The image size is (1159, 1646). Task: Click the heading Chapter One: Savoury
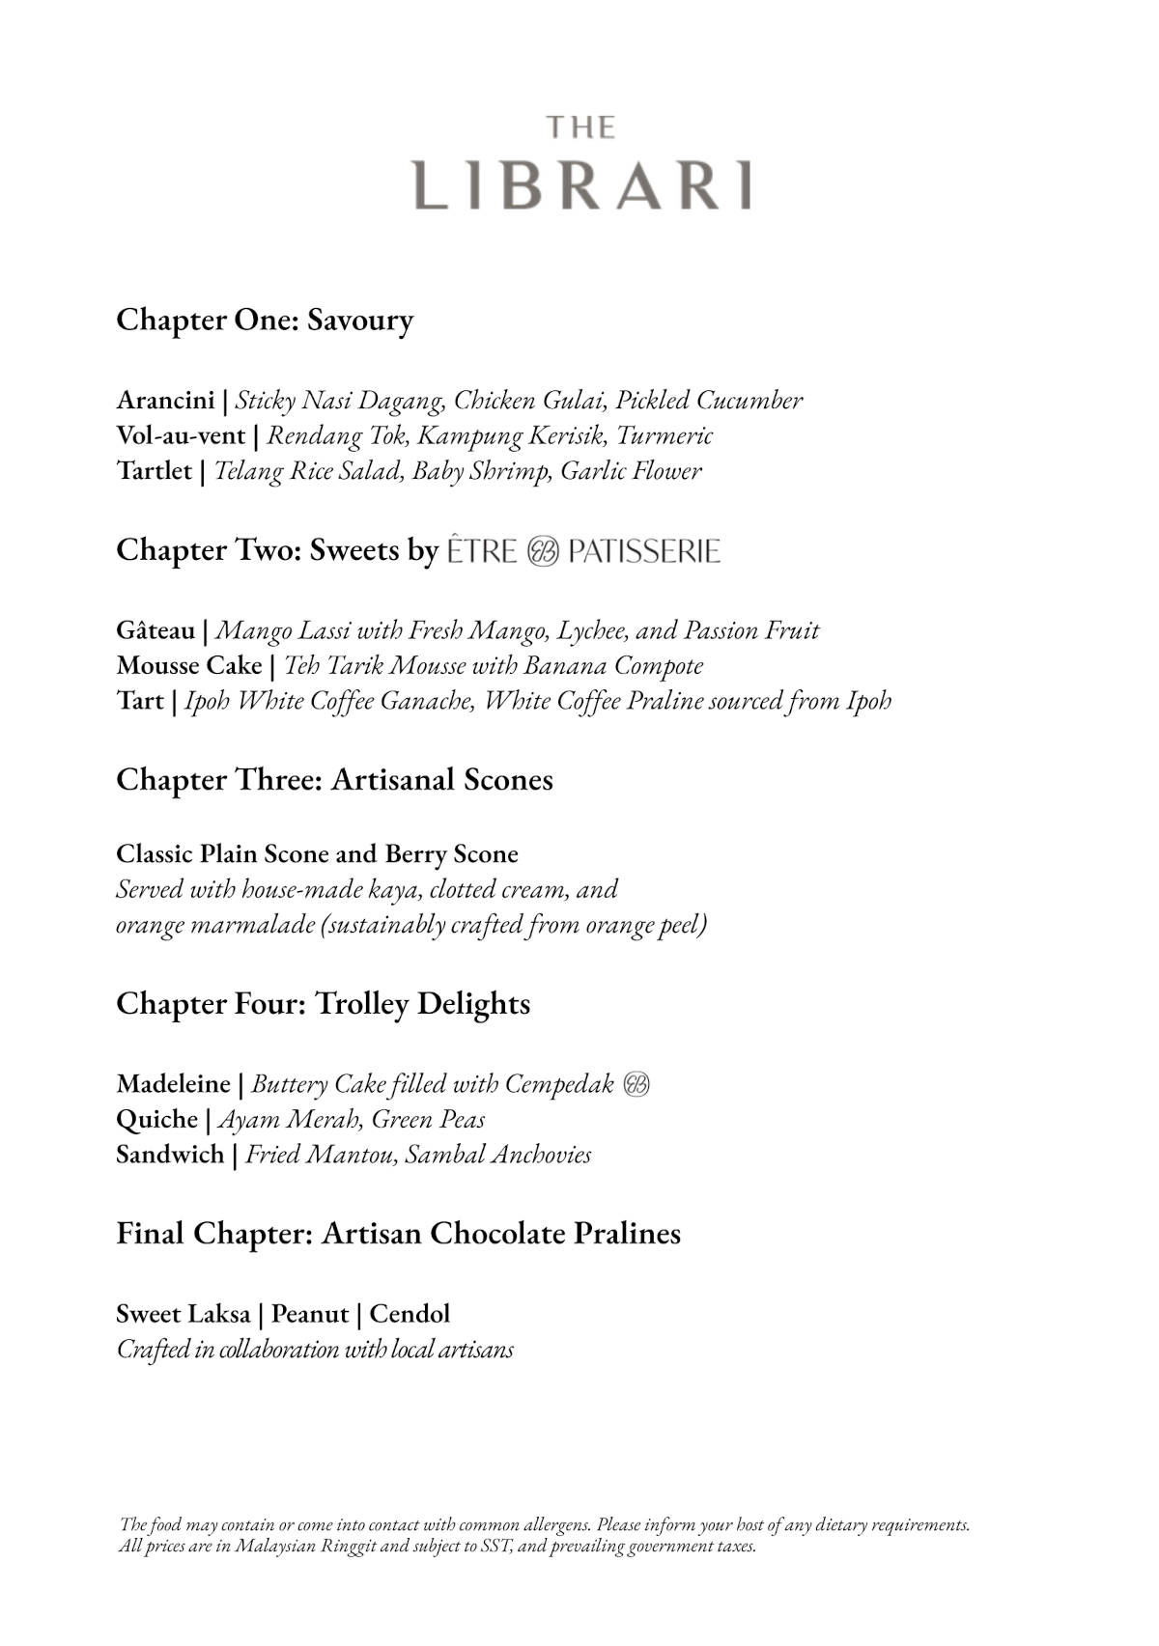tap(265, 320)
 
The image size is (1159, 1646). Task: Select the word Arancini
tap(165, 400)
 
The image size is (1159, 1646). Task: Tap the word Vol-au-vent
tap(181, 435)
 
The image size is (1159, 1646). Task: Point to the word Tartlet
tap(154, 471)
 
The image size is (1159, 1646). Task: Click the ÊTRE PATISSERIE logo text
tap(583, 551)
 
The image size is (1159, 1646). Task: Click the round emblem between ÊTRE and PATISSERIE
tap(543, 552)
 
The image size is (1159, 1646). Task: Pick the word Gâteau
tap(155, 630)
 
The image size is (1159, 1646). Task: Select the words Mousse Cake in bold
tap(189, 666)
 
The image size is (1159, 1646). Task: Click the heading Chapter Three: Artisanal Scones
tap(334, 779)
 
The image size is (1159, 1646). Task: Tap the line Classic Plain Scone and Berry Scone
tap(317, 853)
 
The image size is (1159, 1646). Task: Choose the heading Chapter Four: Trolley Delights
tap(323, 1003)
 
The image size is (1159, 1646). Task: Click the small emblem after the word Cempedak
tap(636, 1084)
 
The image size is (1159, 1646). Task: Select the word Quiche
tap(156, 1119)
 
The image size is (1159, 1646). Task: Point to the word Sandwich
tap(170, 1155)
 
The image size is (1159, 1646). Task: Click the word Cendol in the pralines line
tap(410, 1314)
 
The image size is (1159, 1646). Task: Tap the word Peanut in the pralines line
tap(309, 1314)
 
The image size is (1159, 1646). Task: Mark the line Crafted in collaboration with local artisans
tap(315, 1349)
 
